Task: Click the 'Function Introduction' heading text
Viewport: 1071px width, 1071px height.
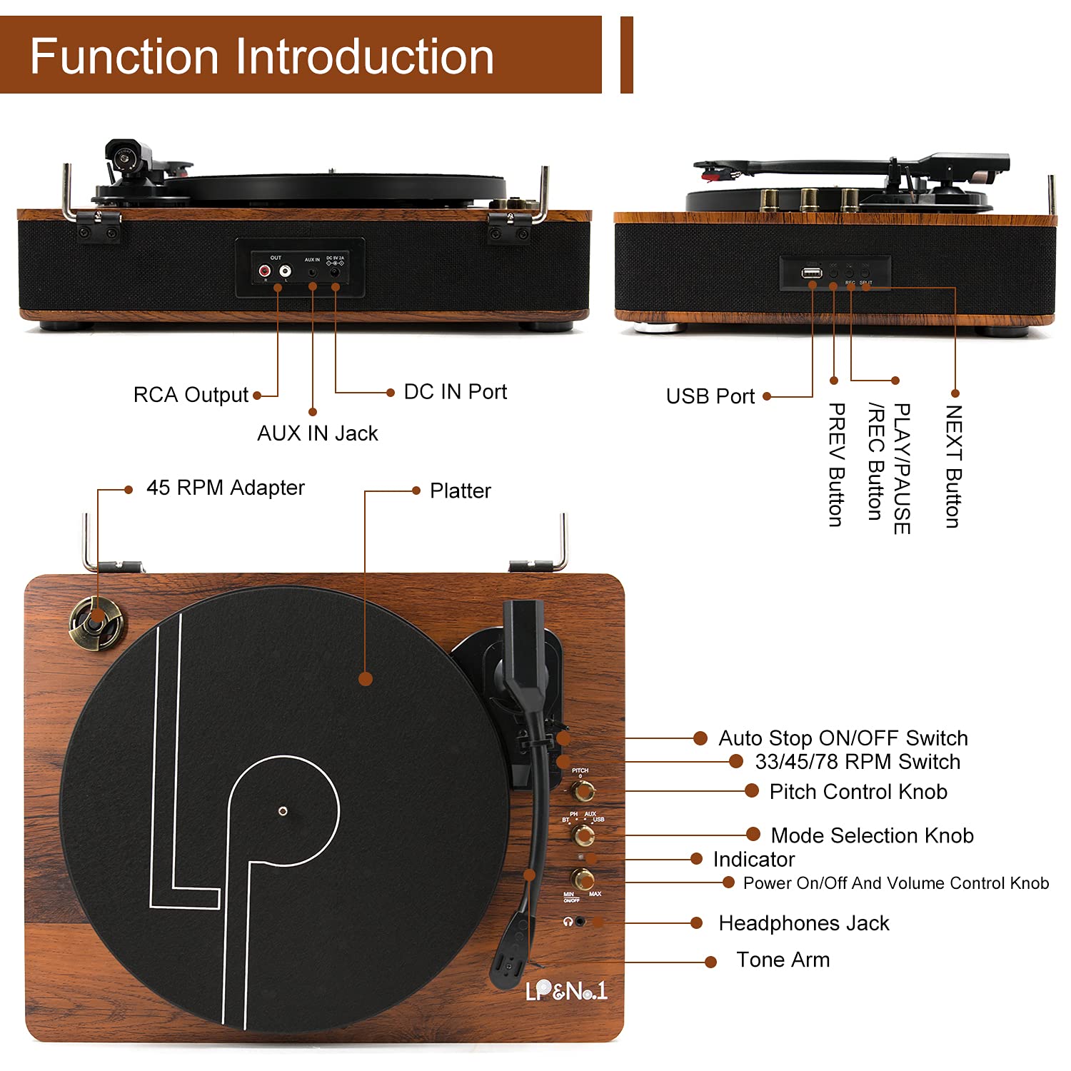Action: (262, 56)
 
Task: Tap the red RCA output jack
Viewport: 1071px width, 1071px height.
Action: (265, 271)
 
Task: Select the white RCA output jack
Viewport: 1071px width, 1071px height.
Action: (285, 271)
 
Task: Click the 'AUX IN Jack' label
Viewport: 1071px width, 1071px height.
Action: (318, 433)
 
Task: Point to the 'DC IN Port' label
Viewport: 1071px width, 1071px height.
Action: (455, 392)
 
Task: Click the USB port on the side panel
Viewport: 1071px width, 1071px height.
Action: (811, 272)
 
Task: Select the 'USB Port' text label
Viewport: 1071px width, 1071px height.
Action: (710, 396)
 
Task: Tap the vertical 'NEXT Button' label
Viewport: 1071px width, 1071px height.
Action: (953, 466)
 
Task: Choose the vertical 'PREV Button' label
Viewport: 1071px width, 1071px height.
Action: (836, 465)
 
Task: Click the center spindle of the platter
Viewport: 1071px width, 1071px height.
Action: (283, 810)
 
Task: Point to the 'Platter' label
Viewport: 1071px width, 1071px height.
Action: (460, 491)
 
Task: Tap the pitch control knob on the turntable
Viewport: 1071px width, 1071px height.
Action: (583, 790)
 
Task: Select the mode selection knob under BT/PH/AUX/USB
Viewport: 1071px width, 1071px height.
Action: (583, 834)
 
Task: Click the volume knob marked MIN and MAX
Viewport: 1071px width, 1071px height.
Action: (582, 878)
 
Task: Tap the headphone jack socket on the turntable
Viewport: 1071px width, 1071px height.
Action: (580, 922)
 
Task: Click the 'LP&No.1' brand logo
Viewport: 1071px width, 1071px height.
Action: (565, 990)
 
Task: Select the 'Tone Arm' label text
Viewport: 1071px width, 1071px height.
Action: (783, 960)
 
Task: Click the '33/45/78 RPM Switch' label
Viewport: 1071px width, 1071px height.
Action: (857, 762)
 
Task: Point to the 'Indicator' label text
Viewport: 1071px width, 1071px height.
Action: (753, 859)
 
